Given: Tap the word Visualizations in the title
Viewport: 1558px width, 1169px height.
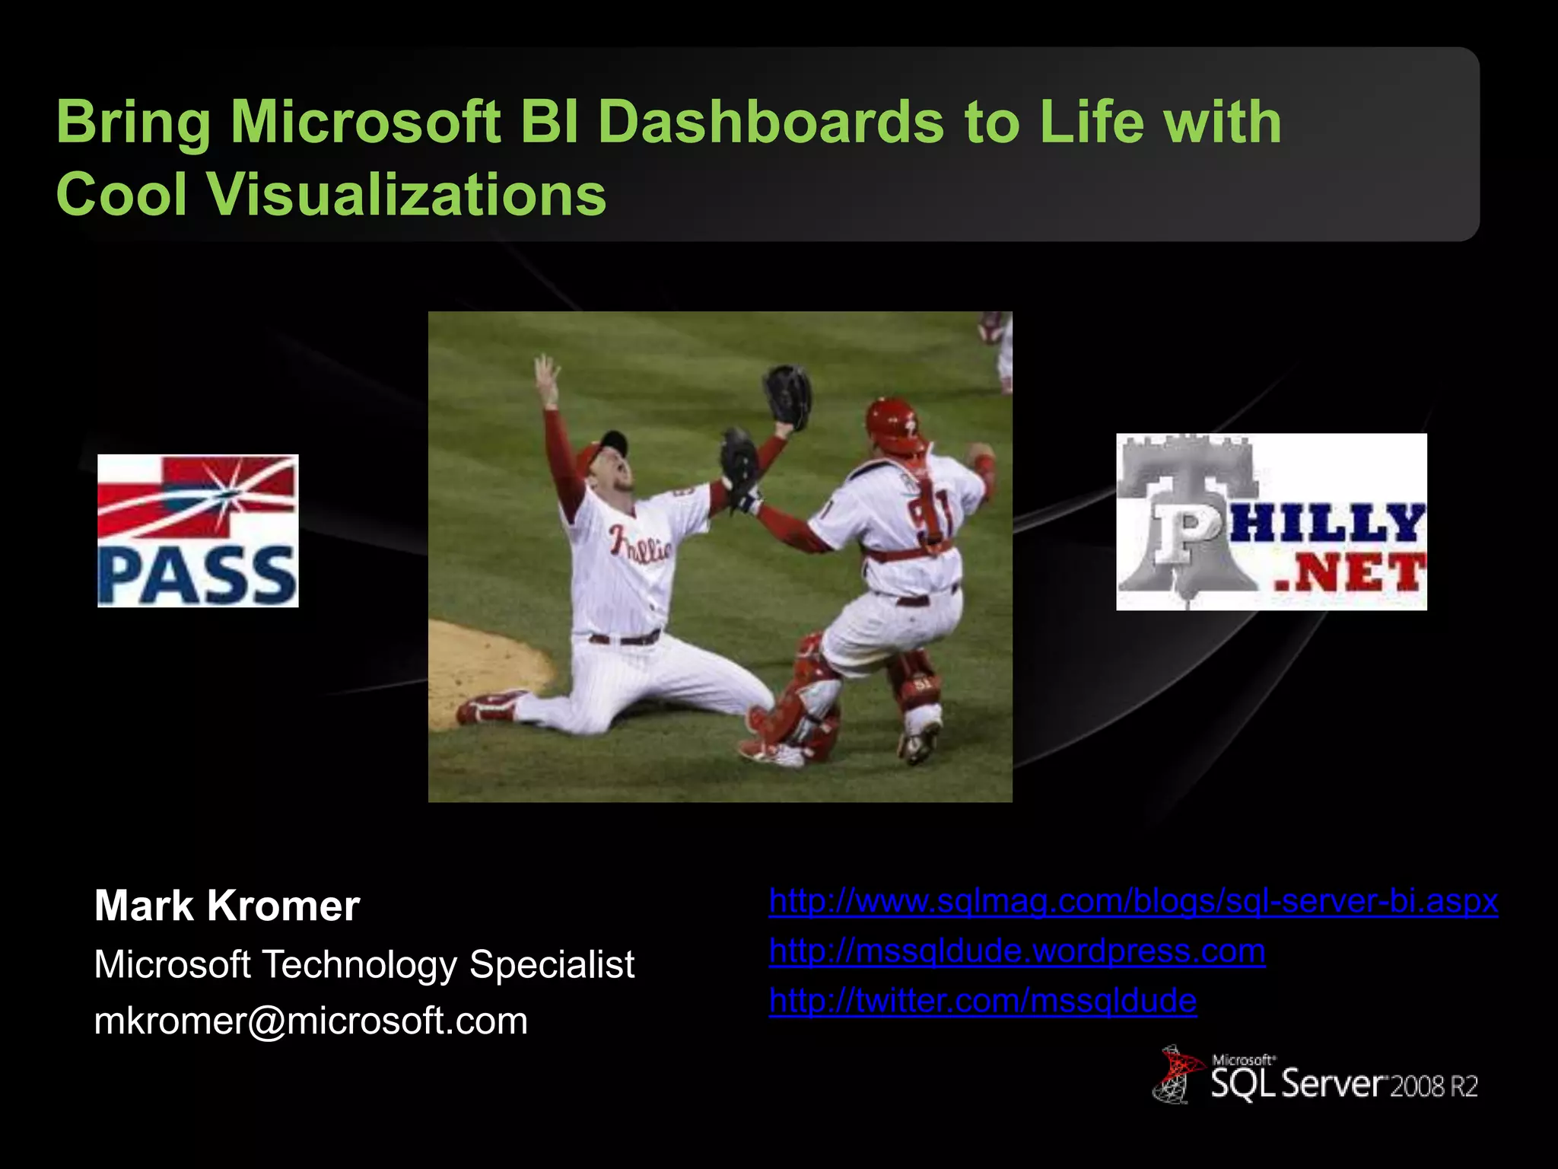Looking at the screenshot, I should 407,195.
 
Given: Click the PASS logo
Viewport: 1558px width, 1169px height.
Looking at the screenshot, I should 198,530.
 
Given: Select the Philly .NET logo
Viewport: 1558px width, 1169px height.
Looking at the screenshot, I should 1271,522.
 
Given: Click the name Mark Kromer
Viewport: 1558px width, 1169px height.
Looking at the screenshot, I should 227,906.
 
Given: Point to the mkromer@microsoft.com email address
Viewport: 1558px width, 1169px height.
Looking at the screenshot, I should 310,1021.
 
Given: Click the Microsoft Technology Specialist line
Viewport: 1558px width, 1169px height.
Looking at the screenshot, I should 364,964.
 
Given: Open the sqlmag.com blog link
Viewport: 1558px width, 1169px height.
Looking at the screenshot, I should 1133,901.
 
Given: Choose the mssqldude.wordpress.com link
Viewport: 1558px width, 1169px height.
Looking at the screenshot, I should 1016,951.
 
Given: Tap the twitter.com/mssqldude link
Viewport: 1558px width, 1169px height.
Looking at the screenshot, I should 982,1000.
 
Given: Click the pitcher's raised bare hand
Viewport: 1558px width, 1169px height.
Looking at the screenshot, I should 546,373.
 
